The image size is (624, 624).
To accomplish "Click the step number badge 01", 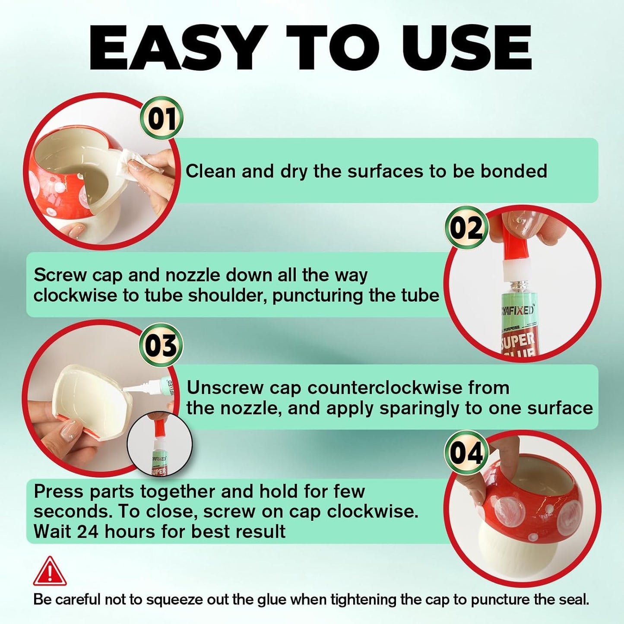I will pos(162,118).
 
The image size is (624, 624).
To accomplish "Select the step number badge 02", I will pos(466,227).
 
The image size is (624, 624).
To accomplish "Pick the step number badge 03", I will pos(161,345).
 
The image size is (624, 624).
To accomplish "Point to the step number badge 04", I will pos(466,452).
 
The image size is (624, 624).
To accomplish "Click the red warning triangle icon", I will pos(50,572).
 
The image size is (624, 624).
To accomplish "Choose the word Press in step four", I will pos(59,491).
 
